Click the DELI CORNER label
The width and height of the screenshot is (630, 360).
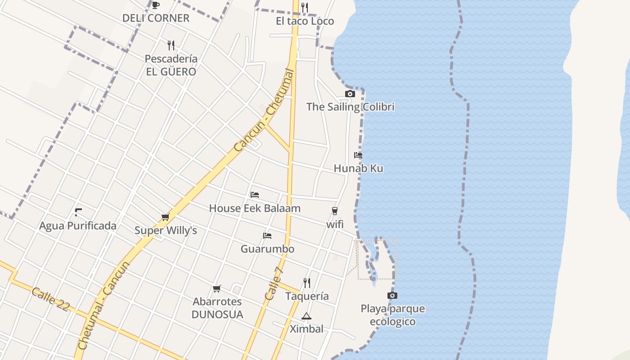coord(156,18)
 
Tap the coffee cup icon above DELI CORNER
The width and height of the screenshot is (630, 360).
coord(156,5)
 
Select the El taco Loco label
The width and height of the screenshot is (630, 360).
coord(305,21)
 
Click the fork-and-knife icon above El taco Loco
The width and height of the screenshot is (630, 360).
coord(305,7)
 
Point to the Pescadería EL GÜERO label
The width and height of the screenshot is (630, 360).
coord(171,65)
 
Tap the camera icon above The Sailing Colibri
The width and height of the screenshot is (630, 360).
coord(350,94)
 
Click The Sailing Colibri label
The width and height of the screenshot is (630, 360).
coord(350,107)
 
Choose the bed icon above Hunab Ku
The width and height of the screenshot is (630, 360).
coord(358,155)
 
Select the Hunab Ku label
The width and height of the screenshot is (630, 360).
coord(358,169)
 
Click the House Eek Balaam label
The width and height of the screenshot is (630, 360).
coord(255,208)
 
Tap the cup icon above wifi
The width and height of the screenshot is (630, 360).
coord(334,211)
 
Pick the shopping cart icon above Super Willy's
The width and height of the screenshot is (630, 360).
coord(166,217)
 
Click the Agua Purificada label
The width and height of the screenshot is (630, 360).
coord(78,226)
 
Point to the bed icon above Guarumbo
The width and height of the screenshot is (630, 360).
coord(267,236)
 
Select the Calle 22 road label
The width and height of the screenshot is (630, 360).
coord(50,299)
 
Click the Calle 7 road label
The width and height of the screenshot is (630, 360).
coord(274,283)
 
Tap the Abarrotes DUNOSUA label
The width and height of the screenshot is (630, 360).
coord(217,308)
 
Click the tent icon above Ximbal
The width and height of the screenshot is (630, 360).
coord(306,316)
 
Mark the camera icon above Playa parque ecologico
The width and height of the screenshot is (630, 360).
coord(392,296)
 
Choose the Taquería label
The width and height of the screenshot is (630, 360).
coord(307,297)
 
